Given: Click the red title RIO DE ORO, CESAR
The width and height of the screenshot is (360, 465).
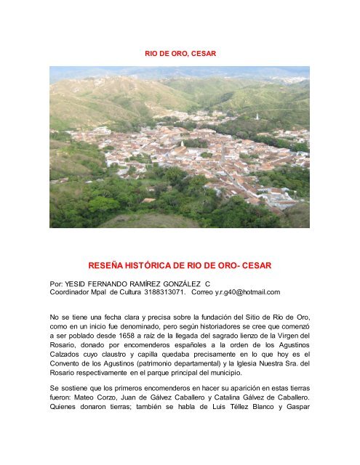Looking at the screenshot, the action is pyautogui.click(x=179, y=54).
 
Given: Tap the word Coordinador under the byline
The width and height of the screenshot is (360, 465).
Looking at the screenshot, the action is pyautogui.click(x=74, y=291).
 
